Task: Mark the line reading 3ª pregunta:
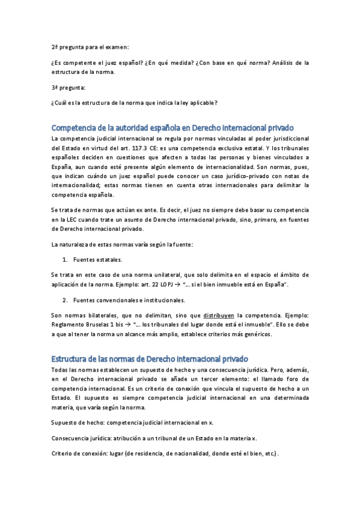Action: (68, 87)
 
